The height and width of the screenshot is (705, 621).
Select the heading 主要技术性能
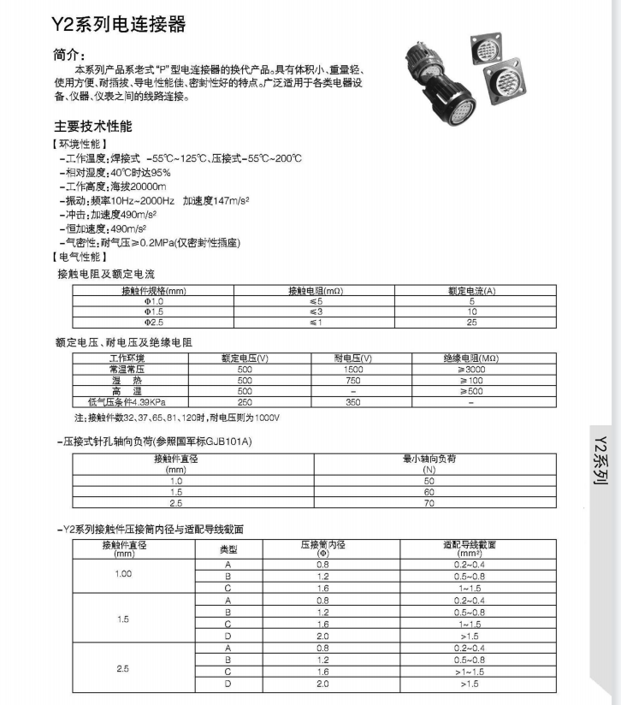(x=94, y=127)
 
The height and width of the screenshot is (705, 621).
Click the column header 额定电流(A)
(x=471, y=291)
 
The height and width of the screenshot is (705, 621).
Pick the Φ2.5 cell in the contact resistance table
(x=154, y=322)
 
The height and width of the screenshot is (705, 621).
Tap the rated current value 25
(x=471, y=322)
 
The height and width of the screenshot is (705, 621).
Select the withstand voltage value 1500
(x=353, y=369)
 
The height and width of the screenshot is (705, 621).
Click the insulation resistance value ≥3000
(x=471, y=369)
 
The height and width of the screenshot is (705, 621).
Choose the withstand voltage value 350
(x=353, y=400)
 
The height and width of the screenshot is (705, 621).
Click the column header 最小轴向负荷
(x=429, y=459)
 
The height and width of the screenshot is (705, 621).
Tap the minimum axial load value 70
(x=429, y=504)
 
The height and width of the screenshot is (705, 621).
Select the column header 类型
(x=228, y=548)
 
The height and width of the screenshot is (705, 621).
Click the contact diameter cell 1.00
(x=124, y=573)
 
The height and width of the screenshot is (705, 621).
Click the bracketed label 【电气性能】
(x=80, y=257)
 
